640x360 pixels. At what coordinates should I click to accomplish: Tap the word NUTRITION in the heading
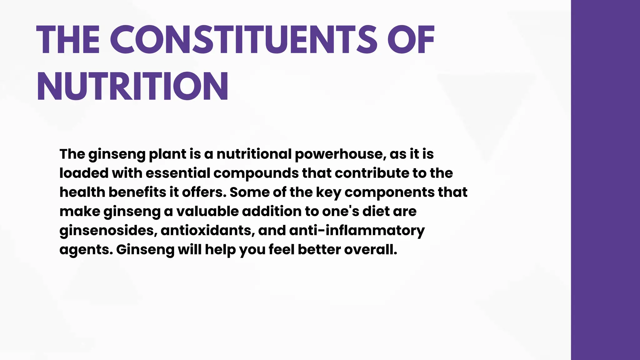[x=132, y=86]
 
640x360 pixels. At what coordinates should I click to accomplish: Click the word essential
[x=178, y=173]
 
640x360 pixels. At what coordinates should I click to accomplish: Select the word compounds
[x=256, y=174]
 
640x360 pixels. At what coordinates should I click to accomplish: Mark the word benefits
[x=137, y=192]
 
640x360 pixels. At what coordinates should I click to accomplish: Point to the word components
[x=389, y=193]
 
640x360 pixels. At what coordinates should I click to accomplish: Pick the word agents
[x=86, y=250]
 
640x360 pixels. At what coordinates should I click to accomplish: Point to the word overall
[x=370, y=249]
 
